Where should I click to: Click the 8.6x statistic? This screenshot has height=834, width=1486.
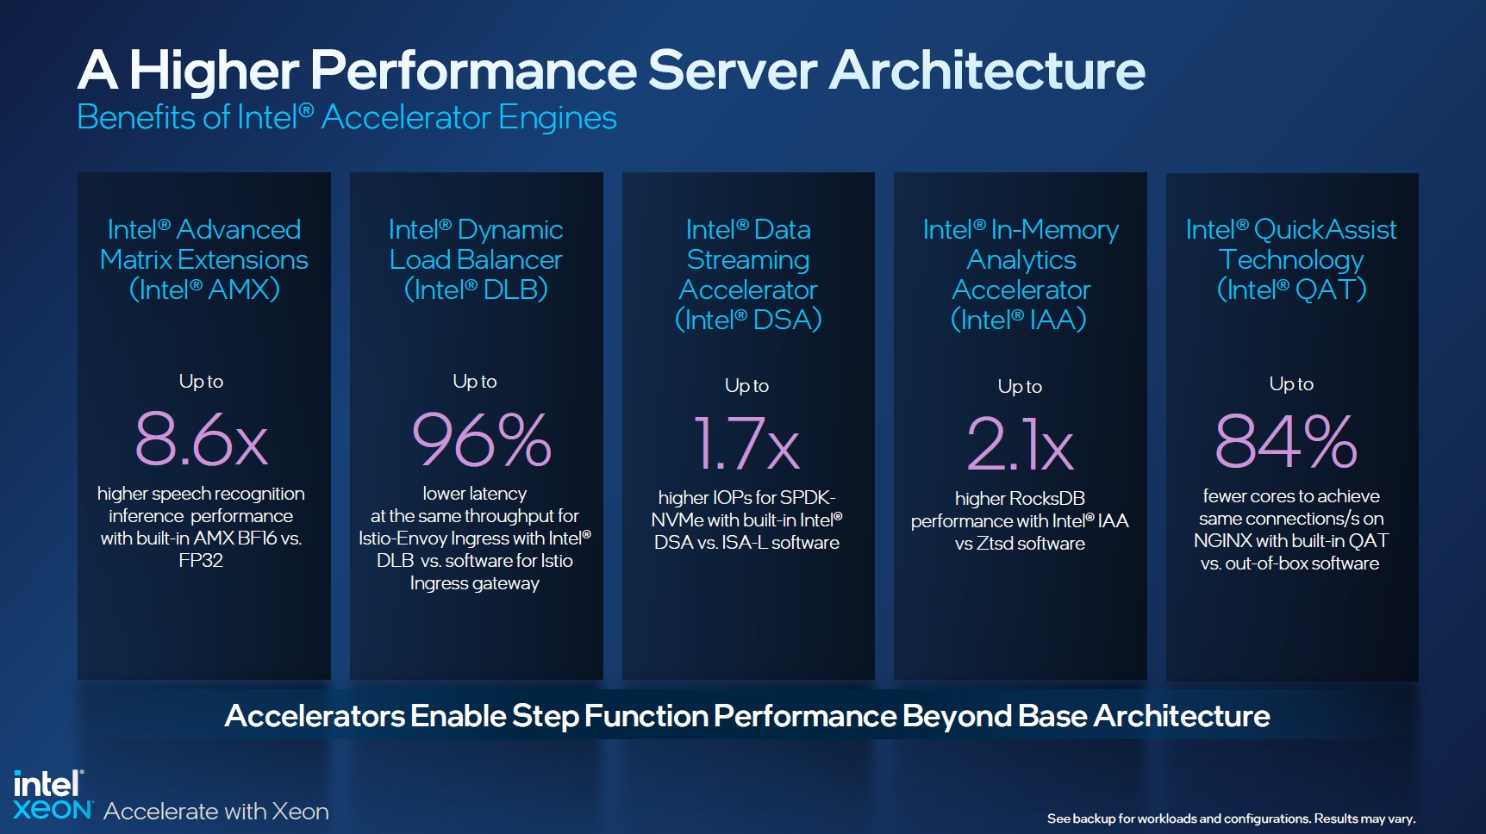(202, 439)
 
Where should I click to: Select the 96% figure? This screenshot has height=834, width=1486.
(482, 439)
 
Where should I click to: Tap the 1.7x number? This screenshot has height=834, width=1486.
(746, 443)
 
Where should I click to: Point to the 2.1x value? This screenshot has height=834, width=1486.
(1021, 444)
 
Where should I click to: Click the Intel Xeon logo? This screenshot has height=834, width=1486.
(53, 794)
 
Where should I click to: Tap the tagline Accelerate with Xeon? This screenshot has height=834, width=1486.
(216, 811)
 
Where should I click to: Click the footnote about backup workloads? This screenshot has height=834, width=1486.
(1231, 818)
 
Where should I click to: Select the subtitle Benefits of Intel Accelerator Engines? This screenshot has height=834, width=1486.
(347, 117)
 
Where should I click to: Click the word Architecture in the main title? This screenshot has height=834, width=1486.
(987, 70)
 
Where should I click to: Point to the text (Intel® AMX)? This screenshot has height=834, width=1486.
(204, 289)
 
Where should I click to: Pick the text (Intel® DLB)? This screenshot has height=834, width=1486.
(476, 289)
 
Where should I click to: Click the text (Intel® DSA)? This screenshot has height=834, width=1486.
(748, 320)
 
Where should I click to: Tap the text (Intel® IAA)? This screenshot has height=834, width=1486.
(1019, 320)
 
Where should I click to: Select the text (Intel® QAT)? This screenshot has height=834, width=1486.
(1291, 289)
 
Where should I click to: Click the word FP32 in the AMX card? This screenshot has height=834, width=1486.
(201, 561)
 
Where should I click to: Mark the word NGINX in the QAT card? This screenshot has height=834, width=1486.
(1222, 541)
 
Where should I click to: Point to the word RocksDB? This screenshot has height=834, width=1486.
(1046, 499)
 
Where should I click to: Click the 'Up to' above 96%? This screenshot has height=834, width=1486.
(475, 382)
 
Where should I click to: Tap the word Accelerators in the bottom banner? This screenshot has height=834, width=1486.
(315, 716)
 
